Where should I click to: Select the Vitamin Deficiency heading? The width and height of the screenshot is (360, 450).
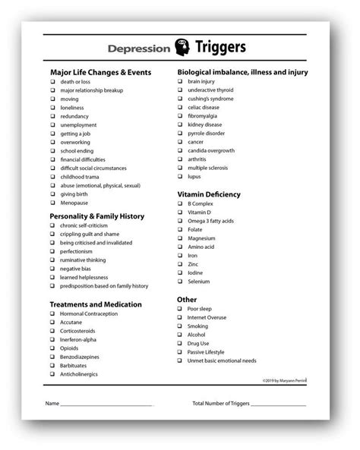coord(208,194)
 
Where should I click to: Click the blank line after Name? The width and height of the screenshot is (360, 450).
coord(106,403)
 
